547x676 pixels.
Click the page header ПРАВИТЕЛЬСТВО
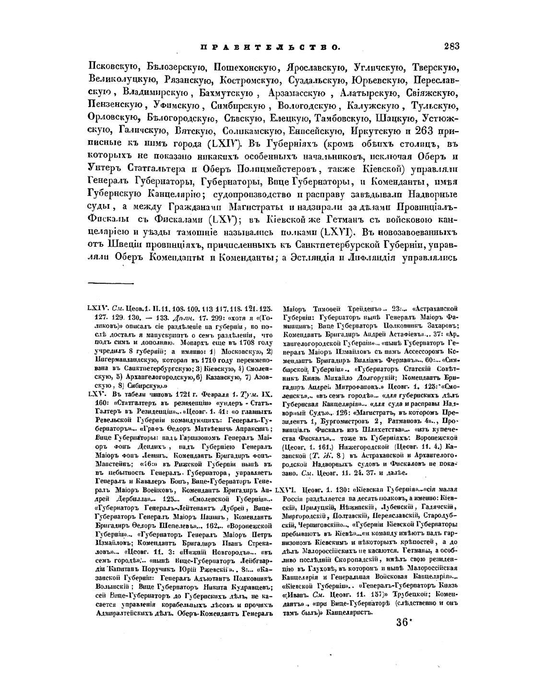tap(270, 47)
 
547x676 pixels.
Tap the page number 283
tap(452, 46)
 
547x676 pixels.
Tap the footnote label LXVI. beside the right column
tap(287, 491)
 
